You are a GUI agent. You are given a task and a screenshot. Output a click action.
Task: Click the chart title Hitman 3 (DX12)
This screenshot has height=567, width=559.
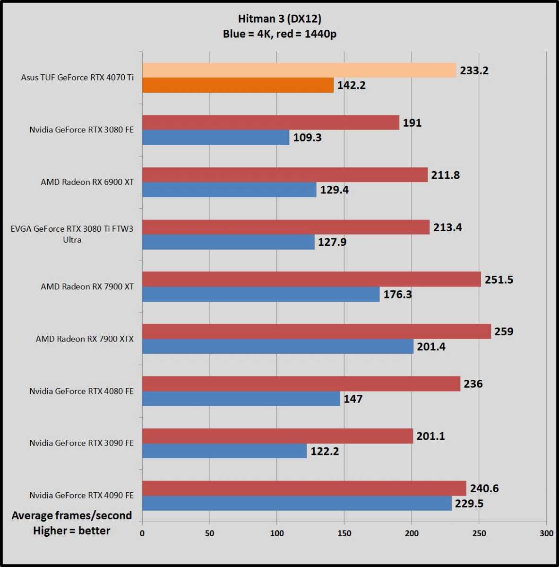(279, 19)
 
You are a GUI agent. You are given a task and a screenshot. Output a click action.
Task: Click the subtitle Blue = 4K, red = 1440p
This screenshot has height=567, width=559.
(279, 34)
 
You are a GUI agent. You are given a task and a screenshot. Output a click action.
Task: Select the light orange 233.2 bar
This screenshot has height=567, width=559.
(299, 70)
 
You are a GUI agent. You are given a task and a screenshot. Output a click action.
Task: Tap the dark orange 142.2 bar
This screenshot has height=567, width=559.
(238, 85)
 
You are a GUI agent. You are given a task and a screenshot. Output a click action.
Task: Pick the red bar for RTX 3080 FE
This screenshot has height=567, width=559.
(270, 122)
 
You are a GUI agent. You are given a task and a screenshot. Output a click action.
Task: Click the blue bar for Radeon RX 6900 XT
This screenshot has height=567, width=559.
(229, 190)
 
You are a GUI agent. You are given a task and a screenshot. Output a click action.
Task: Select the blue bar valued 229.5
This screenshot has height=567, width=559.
(297, 503)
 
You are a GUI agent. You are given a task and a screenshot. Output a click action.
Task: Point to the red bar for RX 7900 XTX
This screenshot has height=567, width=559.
(316, 331)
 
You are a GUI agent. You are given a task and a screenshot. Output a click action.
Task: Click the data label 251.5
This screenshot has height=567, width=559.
(499, 279)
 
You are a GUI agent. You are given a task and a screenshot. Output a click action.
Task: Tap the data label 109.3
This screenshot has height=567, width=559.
(307, 138)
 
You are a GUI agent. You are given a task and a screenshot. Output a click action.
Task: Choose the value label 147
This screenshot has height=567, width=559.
(353, 399)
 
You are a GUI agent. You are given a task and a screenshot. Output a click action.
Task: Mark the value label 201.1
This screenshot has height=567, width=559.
(430, 436)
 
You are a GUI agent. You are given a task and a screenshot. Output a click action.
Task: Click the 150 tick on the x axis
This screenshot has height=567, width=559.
(344, 533)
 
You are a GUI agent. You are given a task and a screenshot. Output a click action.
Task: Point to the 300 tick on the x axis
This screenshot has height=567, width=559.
(546, 533)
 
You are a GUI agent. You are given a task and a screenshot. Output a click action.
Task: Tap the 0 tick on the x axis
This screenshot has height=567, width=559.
(142, 533)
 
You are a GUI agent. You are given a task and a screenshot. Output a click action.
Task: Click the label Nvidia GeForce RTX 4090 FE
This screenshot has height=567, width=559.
(81, 496)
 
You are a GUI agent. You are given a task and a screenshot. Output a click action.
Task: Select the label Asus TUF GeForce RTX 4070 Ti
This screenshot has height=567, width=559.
(77, 78)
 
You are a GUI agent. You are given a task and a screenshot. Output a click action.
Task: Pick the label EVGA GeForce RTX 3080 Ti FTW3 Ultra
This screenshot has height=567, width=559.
(72, 234)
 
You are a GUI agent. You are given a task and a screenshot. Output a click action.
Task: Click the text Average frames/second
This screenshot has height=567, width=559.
(72, 515)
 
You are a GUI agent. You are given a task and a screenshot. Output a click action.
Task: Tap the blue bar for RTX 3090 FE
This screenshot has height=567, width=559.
(224, 451)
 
